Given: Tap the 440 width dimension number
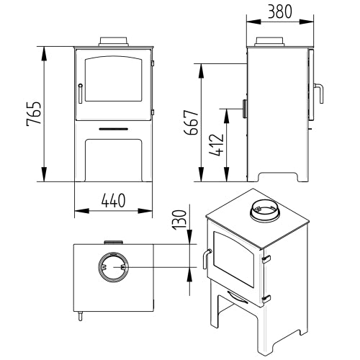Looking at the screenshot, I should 114,202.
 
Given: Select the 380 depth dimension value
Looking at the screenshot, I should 280,12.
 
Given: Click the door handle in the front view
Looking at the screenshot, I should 80,93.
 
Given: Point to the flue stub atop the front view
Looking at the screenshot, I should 114,41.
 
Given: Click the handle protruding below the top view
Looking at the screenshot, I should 80,315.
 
